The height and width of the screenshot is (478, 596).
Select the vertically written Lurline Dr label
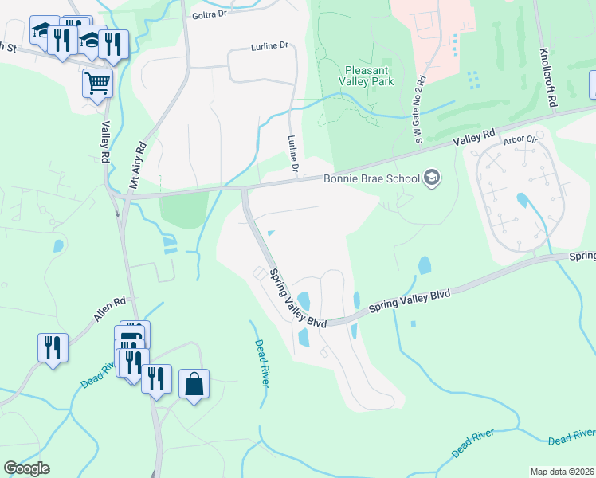[x=292, y=155]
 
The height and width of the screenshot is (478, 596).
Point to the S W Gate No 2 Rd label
[x=420, y=110]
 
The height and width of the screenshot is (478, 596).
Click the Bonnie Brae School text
[x=371, y=178]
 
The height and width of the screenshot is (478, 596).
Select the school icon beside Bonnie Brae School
[x=432, y=177]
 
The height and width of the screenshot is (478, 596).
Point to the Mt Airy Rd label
[x=140, y=165]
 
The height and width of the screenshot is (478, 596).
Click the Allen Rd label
[x=110, y=310]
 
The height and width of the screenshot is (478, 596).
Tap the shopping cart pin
[x=97, y=82]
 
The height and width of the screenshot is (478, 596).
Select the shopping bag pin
[x=194, y=385]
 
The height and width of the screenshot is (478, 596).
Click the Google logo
[x=26, y=468]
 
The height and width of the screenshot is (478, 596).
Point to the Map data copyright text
[x=562, y=472]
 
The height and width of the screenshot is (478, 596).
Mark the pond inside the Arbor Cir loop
[x=522, y=200]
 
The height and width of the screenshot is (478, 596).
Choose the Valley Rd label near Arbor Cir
[x=474, y=136]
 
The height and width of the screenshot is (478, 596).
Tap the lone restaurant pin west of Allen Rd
[x=53, y=348]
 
